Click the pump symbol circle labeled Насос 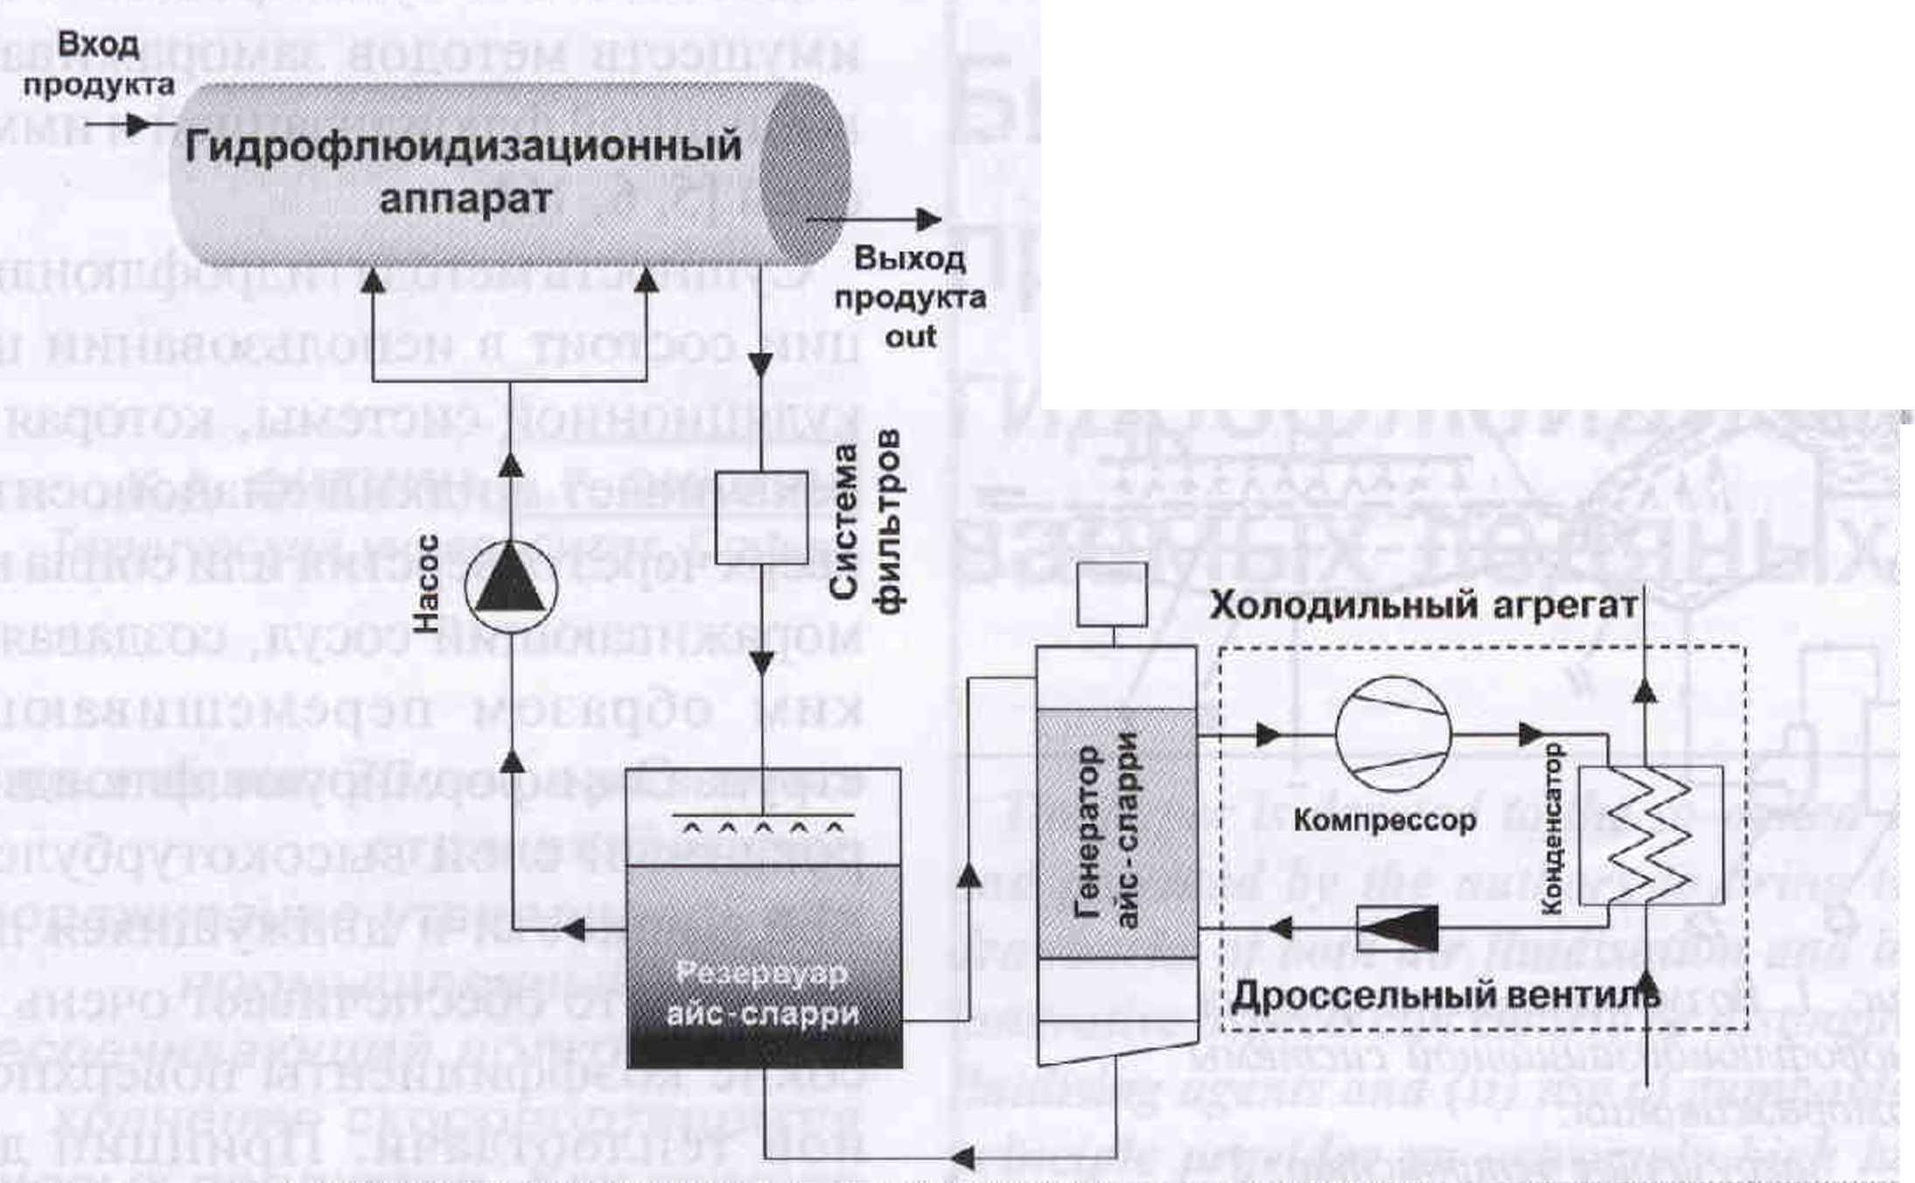(x=510, y=586)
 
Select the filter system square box (x=761, y=517)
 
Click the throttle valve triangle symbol (x=1397, y=927)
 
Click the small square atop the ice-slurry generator (x=1111, y=594)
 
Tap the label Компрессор (x=1384, y=820)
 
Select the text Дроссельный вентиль (x=1444, y=995)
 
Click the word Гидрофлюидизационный (x=463, y=146)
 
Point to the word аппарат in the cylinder (x=465, y=199)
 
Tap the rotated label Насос (x=425, y=584)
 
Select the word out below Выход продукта (x=910, y=337)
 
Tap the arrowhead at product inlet (x=138, y=125)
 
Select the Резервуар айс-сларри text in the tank (x=762, y=994)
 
